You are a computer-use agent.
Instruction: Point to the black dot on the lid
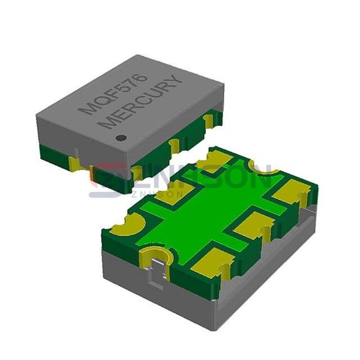coord(121,137)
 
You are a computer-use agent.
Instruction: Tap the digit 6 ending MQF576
coord(139,77)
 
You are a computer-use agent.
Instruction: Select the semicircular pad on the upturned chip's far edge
coord(264,170)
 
